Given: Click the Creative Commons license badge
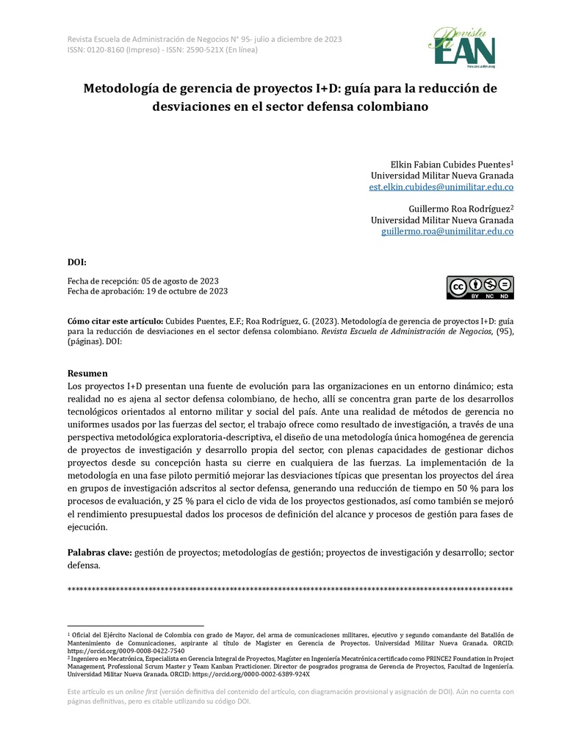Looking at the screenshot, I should pyautogui.click(x=480, y=287).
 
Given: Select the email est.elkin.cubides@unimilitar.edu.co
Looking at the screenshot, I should pyautogui.click(x=441, y=188).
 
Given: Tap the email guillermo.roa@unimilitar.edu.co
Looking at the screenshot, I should pyautogui.click(x=447, y=231).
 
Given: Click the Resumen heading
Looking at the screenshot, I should pyautogui.click(x=87, y=373).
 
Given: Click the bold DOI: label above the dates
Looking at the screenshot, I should pyautogui.click(x=77, y=262).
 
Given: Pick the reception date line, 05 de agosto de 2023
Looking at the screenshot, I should pyautogui.click(x=147, y=281).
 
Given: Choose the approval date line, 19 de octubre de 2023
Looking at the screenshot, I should pyautogui.click(x=148, y=291).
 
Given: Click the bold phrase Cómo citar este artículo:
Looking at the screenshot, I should pyautogui.click(x=115, y=322).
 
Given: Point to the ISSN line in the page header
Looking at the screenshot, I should pyautogui.click(x=158, y=50).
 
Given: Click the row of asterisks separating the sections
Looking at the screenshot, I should pyautogui.click(x=290, y=590).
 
